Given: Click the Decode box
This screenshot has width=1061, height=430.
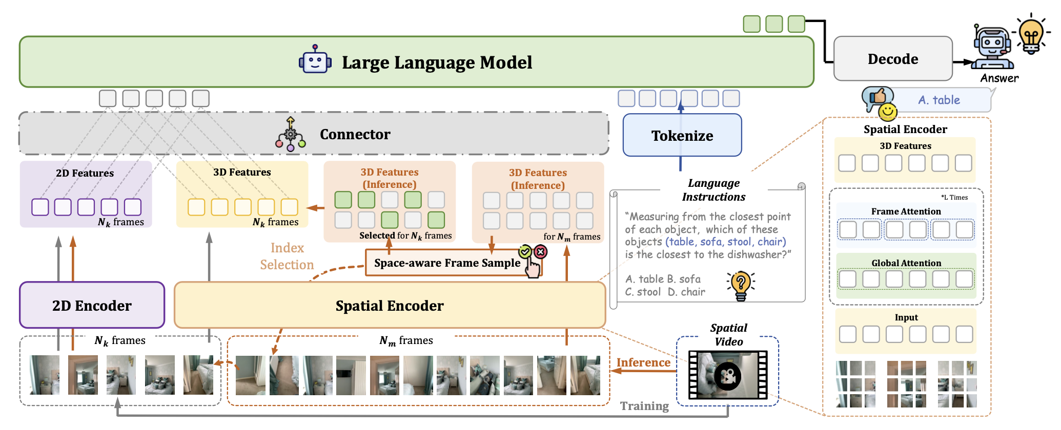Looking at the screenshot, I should click(892, 59).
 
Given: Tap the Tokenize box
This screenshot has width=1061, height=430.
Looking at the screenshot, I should click(682, 136).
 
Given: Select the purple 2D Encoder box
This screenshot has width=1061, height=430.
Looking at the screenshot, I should click(92, 306).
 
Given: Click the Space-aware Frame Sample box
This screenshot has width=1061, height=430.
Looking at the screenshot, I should click(447, 263).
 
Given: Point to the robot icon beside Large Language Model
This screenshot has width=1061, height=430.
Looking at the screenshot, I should click(315, 60).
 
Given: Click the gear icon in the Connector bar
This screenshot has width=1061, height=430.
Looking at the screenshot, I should click(290, 135).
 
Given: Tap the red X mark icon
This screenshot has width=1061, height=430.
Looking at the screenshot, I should click(540, 251).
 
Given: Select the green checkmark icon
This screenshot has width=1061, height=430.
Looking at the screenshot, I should click(525, 251).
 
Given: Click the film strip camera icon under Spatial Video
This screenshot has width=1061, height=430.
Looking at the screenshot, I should click(727, 376).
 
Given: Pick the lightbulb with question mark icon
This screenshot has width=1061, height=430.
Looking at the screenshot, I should click(741, 285).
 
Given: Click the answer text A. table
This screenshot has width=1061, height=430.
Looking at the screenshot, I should click(939, 100).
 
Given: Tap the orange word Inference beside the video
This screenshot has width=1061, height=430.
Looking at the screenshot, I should click(643, 362).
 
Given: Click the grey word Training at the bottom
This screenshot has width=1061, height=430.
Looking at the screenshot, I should click(644, 406).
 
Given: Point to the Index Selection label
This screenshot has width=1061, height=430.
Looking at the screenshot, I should click(287, 256).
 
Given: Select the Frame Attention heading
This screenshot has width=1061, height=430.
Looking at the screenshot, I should click(906, 211).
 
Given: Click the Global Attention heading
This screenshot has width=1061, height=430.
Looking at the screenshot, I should click(906, 263).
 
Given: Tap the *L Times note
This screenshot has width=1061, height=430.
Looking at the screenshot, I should click(954, 198).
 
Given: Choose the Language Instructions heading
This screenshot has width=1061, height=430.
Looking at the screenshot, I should click(713, 190).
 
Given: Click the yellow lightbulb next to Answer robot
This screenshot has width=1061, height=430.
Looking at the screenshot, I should click(1031, 35).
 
